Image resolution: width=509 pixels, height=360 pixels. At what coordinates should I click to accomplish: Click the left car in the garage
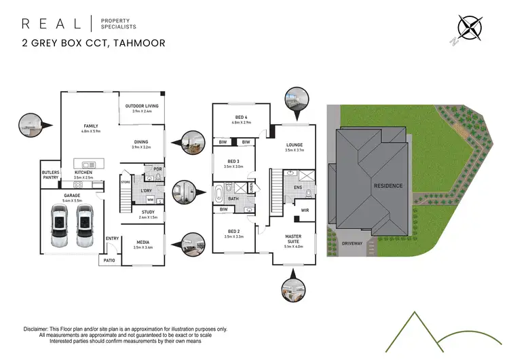(x=59, y=228)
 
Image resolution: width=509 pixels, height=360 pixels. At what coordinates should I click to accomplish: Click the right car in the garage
(x=84, y=228)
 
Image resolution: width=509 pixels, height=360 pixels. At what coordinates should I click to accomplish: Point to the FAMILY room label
(x=91, y=126)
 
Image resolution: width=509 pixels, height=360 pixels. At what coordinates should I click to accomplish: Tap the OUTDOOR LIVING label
(x=141, y=105)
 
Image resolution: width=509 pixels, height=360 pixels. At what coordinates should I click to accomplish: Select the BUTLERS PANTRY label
(x=51, y=175)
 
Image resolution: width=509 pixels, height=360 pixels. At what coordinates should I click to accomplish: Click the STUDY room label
(x=148, y=212)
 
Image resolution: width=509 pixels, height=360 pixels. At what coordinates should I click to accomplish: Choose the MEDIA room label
(x=143, y=241)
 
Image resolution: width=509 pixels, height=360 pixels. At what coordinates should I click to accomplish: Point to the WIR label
(x=305, y=211)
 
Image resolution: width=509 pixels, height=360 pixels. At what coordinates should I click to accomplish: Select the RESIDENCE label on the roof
(x=388, y=185)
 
